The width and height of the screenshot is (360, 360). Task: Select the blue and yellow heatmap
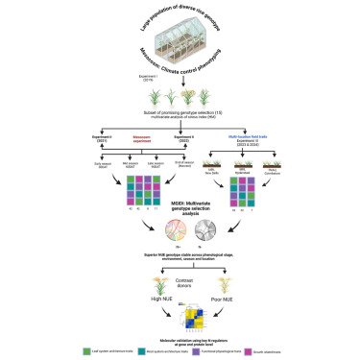point(182,306)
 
